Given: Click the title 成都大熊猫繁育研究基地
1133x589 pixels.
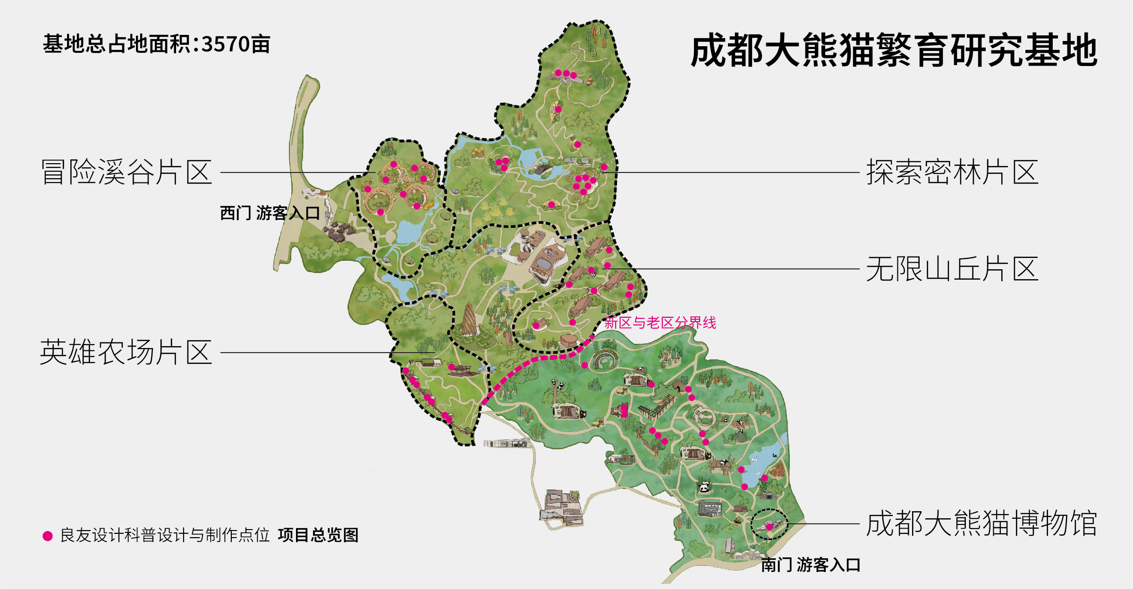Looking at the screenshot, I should coord(893,50).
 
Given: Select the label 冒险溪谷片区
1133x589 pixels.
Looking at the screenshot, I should coord(127,172).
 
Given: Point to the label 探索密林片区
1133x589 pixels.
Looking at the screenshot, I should coord(952,172).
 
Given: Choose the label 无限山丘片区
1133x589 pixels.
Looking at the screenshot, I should coord(952,269).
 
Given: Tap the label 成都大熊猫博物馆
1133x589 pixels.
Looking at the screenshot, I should coord(981,523).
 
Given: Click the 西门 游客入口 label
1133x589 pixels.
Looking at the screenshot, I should coord(270,213).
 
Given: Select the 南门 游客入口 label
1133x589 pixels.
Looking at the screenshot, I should coord(810,564).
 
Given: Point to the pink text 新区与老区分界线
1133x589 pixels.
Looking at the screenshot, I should coord(660,323).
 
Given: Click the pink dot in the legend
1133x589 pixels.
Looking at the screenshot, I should coord(48,536).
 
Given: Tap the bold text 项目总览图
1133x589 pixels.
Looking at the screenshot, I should coord(318,535).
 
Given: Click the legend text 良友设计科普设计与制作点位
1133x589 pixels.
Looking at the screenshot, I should coord(165,535).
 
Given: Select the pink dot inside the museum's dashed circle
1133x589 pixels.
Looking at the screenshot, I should coord(769,527).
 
